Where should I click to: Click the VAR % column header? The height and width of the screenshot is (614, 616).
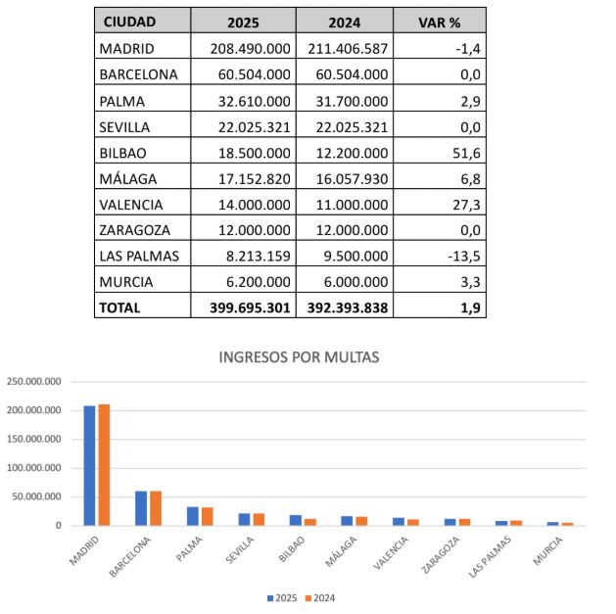tap(439, 23)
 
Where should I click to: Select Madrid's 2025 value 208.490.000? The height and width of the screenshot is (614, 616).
tap(251, 49)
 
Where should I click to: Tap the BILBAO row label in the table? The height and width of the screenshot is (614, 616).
tap(123, 153)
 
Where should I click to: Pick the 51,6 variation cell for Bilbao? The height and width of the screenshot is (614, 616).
tap(466, 153)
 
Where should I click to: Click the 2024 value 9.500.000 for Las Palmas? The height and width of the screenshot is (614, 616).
tap(355, 256)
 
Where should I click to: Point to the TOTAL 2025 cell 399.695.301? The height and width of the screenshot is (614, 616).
tap(250, 307)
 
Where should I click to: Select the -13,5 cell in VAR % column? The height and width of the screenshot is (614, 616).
tap(464, 257)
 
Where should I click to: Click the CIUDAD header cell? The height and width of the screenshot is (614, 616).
tap(129, 22)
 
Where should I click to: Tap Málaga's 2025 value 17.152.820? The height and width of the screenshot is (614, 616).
tap(255, 179)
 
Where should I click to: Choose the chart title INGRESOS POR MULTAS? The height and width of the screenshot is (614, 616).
tap(299, 357)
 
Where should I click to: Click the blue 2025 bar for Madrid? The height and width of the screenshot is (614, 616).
tap(89, 465)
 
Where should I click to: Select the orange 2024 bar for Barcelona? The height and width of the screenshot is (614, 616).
tap(156, 508)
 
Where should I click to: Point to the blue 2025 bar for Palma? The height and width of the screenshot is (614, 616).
tap(193, 516)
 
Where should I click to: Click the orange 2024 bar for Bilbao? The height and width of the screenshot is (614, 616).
tap(310, 522)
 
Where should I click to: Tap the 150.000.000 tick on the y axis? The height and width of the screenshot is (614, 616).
tap(34, 439)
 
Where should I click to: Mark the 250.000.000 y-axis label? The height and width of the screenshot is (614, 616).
tap(34, 382)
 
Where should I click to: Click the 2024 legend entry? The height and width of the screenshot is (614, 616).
tap(320, 598)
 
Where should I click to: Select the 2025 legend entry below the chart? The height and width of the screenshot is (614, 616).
tap(282, 598)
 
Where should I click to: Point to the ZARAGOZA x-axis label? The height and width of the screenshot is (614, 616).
tap(441, 554)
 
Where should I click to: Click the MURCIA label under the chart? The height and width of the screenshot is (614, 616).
tap(547, 550)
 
